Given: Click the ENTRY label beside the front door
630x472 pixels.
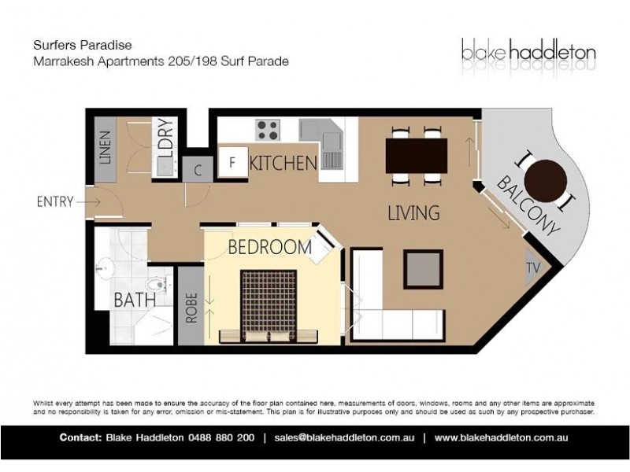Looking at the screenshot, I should (x=55, y=201).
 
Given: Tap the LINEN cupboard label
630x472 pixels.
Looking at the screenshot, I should (x=106, y=147).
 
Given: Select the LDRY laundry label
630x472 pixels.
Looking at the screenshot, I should (x=165, y=140).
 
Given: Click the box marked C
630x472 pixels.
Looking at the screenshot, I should (x=198, y=169).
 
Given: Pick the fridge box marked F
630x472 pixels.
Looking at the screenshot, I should (x=232, y=164).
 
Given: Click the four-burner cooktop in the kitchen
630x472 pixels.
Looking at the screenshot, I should (x=268, y=130).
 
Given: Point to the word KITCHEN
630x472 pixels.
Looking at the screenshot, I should (x=283, y=164).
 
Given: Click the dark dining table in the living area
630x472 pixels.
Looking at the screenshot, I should (x=417, y=153).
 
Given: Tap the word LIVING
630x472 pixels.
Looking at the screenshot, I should (x=412, y=212).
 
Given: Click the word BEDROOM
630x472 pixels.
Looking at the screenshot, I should (x=269, y=247).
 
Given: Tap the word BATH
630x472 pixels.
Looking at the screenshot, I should (x=134, y=300).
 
